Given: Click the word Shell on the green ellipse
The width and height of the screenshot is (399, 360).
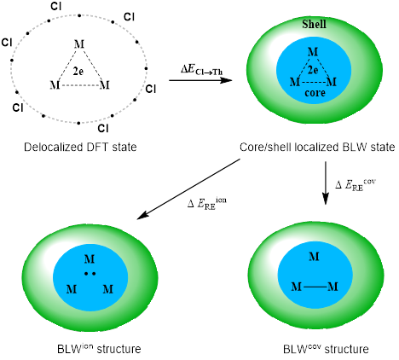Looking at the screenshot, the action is [x=314, y=24].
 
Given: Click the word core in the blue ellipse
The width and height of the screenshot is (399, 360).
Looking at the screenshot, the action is [x=315, y=93].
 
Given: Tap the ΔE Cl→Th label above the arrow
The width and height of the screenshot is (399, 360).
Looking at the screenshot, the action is [x=201, y=69].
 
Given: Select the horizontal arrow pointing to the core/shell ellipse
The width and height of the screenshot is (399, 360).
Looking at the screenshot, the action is [x=200, y=80].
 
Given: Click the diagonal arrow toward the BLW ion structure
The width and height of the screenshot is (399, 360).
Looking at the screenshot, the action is [x=188, y=189].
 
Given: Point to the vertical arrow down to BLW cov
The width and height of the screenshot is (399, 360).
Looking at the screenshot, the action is [x=326, y=183].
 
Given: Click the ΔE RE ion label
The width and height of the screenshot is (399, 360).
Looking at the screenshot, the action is [x=207, y=203].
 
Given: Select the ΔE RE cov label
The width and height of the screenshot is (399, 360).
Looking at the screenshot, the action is [x=356, y=185].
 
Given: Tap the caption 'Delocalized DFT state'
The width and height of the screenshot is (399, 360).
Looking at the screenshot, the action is [x=80, y=147].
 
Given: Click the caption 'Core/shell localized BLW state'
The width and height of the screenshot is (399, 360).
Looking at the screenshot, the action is [x=317, y=147].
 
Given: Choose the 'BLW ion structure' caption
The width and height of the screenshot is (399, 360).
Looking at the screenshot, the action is [x=99, y=348].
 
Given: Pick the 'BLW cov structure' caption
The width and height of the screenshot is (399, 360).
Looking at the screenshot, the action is [x=326, y=348].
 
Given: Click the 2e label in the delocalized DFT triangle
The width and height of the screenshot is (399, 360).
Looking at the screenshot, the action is [x=78, y=71].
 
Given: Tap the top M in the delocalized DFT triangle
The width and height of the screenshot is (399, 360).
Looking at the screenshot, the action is [x=79, y=44].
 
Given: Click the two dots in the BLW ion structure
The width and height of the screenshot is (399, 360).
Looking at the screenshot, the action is [x=90, y=274].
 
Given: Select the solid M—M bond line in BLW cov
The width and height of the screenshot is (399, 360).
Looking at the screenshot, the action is [x=315, y=287].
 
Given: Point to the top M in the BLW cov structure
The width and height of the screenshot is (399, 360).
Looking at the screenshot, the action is [x=314, y=257].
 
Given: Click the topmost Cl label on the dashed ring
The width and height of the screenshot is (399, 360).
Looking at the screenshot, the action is [x=55, y=6].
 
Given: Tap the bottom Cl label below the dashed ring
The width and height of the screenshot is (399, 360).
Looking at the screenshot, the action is [x=103, y=129].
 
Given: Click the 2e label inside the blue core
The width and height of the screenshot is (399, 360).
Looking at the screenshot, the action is [x=313, y=70].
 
